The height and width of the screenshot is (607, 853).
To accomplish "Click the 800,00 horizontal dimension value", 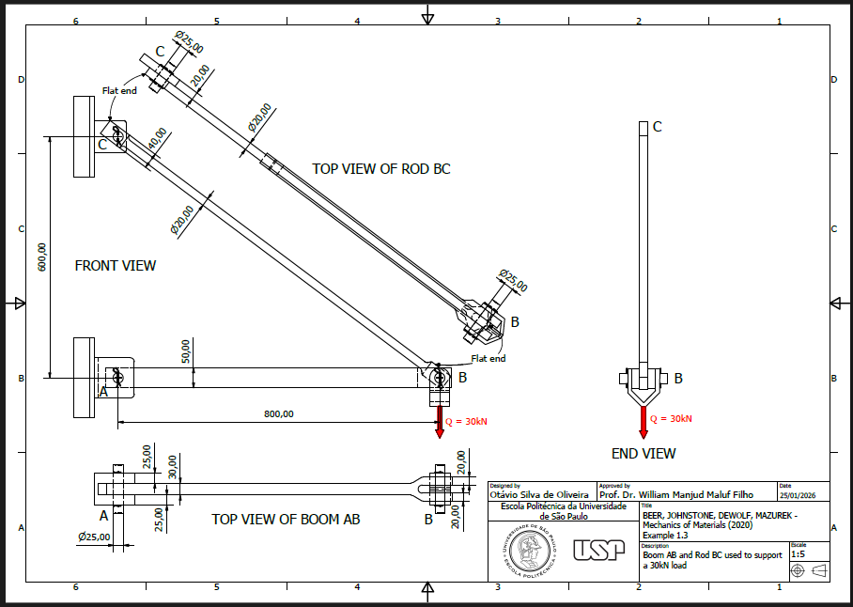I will [278, 413].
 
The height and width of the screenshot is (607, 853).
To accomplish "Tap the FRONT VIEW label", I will [116, 266].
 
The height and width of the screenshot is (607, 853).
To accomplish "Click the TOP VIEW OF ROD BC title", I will [380, 169].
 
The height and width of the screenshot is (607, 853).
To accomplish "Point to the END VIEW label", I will [644, 454].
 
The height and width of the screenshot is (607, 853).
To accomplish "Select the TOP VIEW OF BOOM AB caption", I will [286, 519].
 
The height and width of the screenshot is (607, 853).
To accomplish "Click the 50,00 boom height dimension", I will [186, 351].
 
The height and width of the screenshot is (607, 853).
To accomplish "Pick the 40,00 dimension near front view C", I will [156, 139].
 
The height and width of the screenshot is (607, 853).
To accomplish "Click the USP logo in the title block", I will [597, 550].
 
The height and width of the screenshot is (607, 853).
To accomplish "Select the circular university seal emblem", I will [532, 550].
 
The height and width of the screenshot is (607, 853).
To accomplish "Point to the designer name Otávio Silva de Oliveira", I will [539, 493].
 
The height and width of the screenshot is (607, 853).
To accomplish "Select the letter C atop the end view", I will [658, 127].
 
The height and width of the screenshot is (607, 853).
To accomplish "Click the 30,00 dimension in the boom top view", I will [171, 467].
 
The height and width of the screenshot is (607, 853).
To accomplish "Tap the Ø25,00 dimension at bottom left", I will [95, 537].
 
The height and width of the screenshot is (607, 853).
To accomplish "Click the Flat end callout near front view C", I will [119, 90].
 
